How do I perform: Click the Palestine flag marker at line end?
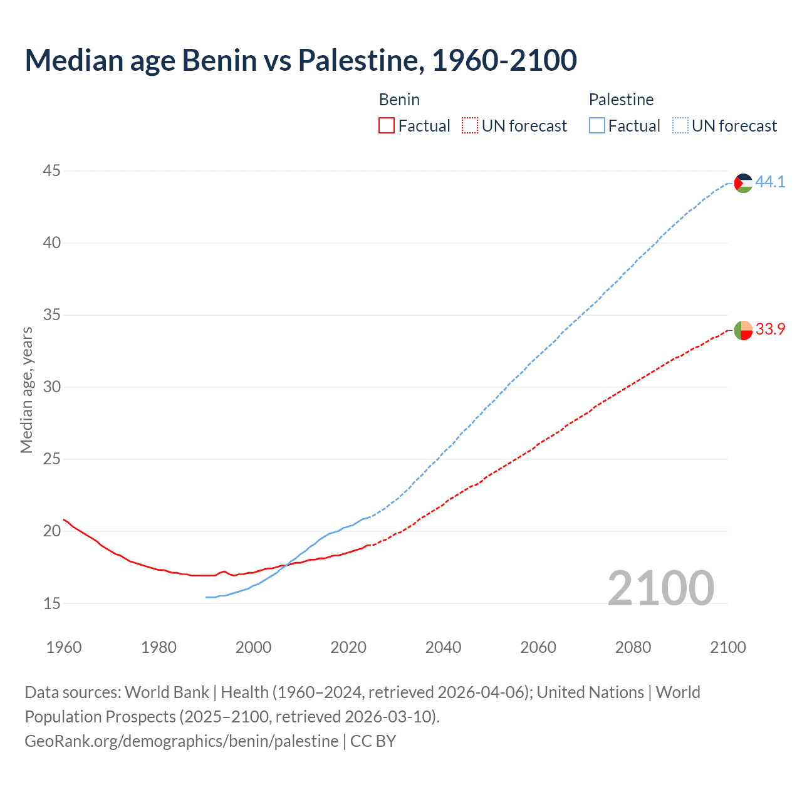[x=743, y=183]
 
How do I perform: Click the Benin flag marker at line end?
[x=743, y=330]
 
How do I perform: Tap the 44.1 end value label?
[x=770, y=182]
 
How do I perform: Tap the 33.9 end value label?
[x=770, y=330]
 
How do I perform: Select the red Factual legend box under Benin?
[x=387, y=126]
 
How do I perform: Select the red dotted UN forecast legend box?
[x=470, y=126]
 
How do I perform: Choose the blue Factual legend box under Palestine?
[x=596, y=126]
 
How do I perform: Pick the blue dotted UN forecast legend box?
[x=680, y=126]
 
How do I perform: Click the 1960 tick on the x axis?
[x=64, y=647]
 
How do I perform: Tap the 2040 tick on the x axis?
[x=443, y=647]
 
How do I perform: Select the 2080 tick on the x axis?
[x=633, y=647]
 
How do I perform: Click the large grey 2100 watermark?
[x=660, y=588]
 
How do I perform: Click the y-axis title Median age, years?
[x=26, y=390]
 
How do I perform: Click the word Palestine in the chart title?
[x=357, y=60]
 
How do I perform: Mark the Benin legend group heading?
[x=399, y=100]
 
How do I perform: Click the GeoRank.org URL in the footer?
[x=182, y=741]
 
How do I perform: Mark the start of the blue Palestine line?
[x=206, y=597]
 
